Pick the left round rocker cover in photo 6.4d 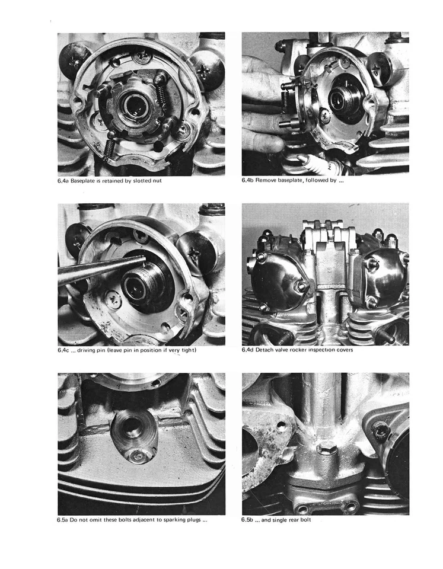pos(274,278)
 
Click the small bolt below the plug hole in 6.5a pos(137,455)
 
